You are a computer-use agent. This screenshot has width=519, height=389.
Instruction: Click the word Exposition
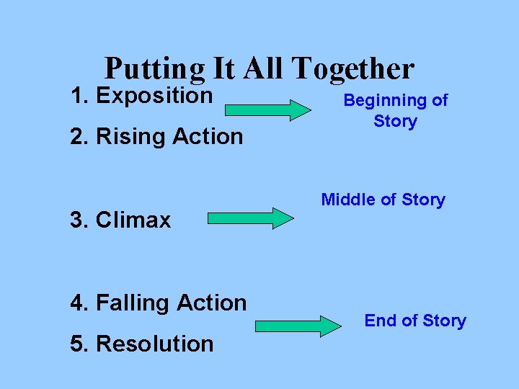(x=154, y=96)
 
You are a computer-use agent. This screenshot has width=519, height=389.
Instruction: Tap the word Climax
(x=133, y=220)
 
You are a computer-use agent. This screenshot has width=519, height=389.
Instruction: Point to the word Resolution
(x=154, y=344)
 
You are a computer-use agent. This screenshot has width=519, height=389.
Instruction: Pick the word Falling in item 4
(x=130, y=303)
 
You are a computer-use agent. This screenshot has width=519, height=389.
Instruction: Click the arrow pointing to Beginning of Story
(x=267, y=109)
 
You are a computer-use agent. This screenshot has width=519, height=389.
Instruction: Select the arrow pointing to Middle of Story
(x=251, y=218)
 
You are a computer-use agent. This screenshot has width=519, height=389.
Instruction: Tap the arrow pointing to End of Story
(x=298, y=326)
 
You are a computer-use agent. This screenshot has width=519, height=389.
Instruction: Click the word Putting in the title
(x=155, y=68)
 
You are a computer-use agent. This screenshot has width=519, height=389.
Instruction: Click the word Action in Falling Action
(x=213, y=303)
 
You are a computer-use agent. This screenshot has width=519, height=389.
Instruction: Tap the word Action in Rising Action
(x=206, y=136)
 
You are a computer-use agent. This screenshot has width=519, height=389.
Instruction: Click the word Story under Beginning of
(x=395, y=121)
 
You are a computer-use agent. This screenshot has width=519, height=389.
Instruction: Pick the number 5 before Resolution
(x=76, y=344)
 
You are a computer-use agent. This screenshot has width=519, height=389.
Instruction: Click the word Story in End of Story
(x=441, y=321)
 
